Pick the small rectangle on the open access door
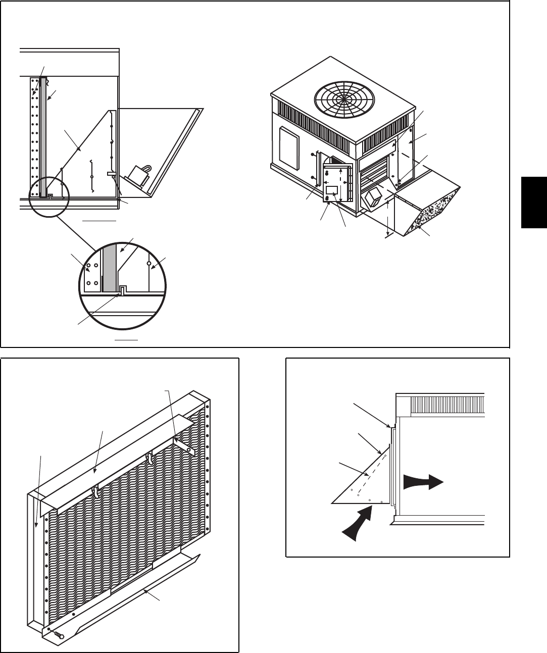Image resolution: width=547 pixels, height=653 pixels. coord(332,190)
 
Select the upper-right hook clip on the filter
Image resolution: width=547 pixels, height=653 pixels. coord(150,458)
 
